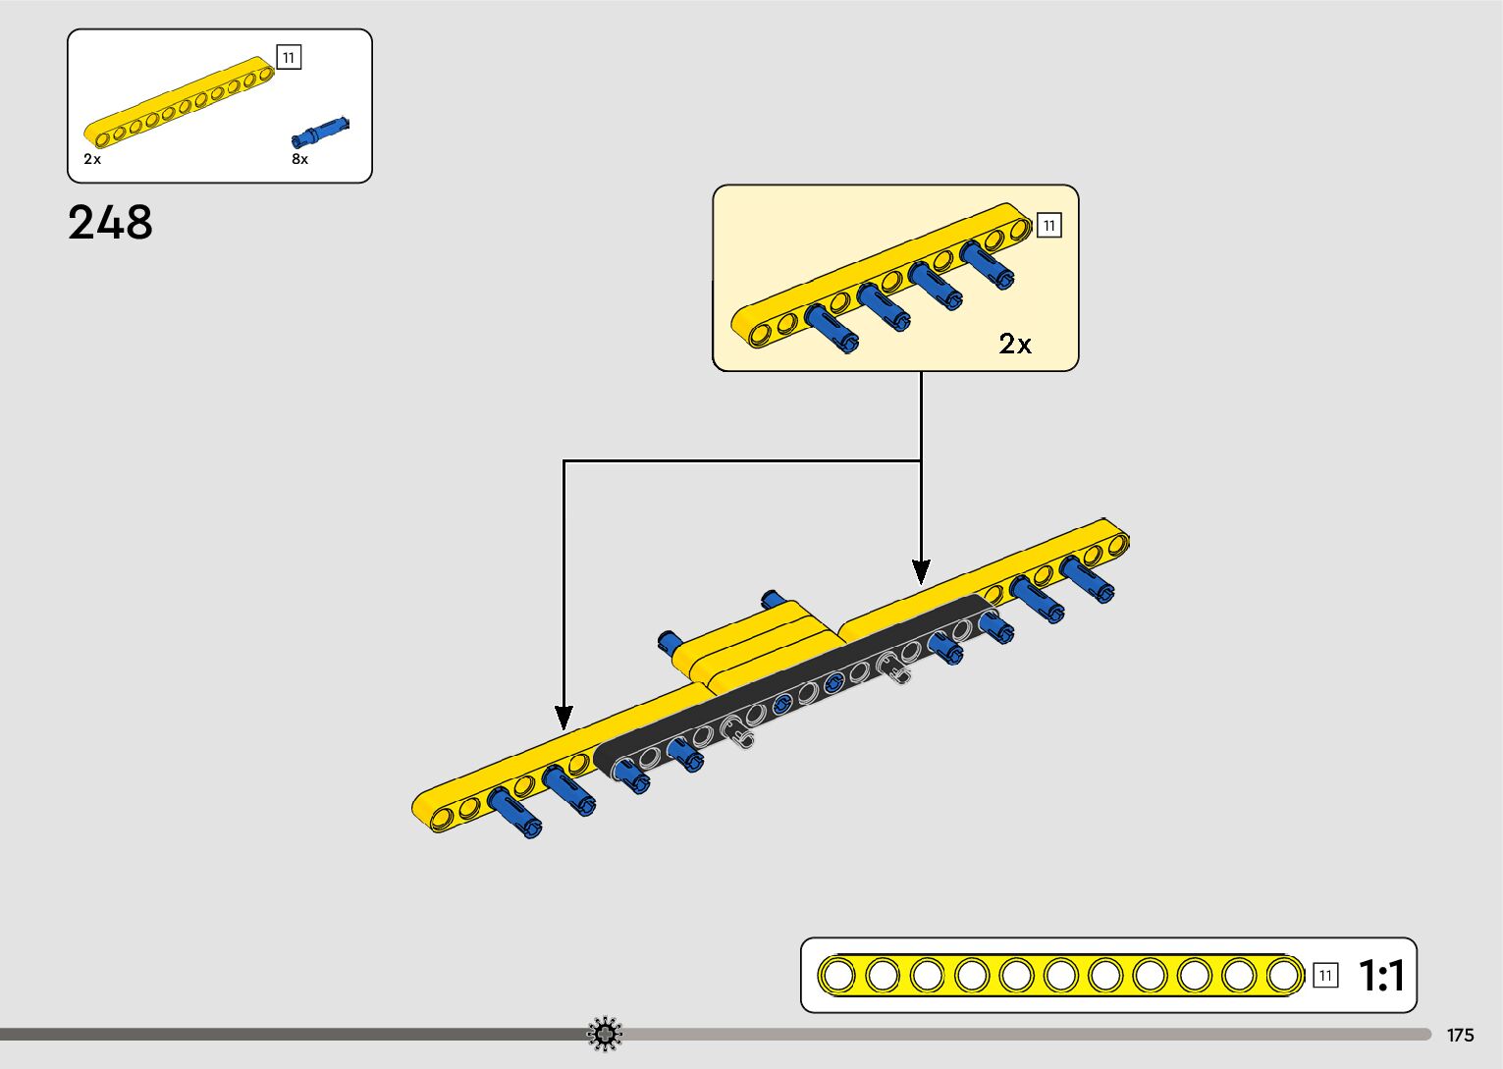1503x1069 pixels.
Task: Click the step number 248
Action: tap(110, 223)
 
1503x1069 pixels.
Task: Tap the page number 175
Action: tap(1460, 1036)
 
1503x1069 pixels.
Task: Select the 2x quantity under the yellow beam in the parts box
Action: tap(92, 159)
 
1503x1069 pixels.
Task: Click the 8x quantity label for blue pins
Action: tap(299, 159)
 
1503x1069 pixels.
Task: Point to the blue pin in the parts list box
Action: tap(320, 132)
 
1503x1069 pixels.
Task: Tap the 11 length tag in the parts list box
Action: tap(289, 58)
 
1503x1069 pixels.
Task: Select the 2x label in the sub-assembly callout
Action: tap(1015, 344)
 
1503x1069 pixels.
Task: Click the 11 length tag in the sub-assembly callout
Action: tap(1048, 226)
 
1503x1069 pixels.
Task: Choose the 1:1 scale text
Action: tap(1381, 976)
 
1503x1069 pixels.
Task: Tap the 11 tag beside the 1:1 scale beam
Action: tap(1325, 976)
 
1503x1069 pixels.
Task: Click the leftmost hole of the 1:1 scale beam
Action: tap(838, 976)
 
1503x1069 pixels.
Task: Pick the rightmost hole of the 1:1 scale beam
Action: tap(1283, 976)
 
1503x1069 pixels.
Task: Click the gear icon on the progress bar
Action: tap(605, 1035)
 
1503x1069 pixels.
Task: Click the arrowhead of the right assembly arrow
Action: tap(921, 571)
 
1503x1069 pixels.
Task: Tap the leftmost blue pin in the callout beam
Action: tap(831, 328)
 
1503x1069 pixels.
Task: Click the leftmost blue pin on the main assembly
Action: tap(514, 815)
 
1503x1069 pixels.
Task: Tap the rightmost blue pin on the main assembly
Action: tap(1086, 578)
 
